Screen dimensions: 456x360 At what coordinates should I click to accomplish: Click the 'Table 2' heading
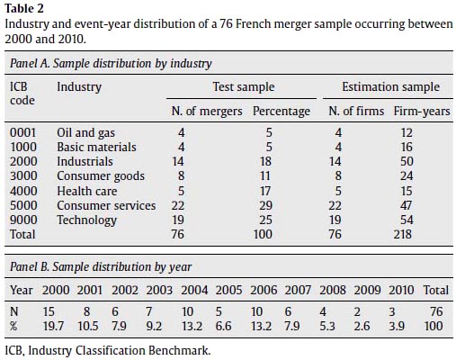24,8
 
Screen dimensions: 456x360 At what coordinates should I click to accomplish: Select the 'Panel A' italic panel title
111,64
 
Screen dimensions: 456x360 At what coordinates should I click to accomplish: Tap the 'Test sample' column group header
244,86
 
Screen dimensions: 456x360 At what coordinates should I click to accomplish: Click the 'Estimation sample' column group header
391,86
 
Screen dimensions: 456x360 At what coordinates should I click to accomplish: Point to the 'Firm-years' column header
422,112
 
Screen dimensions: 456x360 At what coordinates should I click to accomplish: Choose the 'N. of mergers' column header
207,112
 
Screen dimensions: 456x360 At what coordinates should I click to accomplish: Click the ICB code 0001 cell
22,132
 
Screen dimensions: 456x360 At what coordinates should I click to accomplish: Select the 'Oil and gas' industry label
86,133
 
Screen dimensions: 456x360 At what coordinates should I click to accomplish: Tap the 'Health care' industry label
87,191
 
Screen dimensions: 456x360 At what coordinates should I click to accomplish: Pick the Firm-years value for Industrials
407,161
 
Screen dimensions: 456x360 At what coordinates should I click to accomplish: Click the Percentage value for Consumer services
265,205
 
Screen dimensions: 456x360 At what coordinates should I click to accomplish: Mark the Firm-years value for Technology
407,220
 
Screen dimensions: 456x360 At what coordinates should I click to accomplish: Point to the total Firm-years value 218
403,234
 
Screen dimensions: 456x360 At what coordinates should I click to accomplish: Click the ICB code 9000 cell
23,220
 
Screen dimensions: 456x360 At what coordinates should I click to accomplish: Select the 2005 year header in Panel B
228,290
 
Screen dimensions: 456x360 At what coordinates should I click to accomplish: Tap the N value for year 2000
49,311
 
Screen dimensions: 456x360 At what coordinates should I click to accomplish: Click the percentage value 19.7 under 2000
53,326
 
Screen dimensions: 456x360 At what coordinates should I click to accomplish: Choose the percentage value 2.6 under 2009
362,326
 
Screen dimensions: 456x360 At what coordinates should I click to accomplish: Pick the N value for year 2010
392,311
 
